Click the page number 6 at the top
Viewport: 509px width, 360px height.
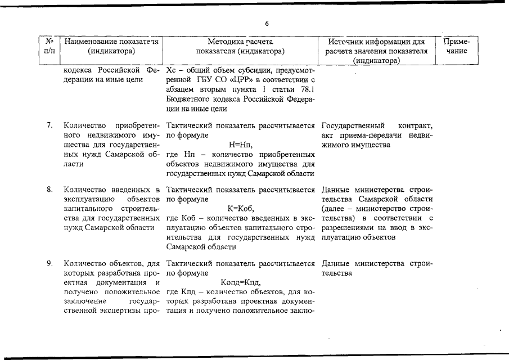(x=267, y=24)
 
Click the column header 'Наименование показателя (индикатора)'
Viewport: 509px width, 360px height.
(x=111, y=46)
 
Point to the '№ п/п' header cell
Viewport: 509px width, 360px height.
(x=49, y=46)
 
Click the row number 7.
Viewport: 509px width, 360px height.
(x=50, y=125)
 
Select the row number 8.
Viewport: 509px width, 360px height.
(x=50, y=189)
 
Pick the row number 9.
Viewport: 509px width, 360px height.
(x=50, y=263)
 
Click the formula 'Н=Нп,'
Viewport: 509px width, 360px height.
(x=241, y=145)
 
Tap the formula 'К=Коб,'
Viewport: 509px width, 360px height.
(x=241, y=209)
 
